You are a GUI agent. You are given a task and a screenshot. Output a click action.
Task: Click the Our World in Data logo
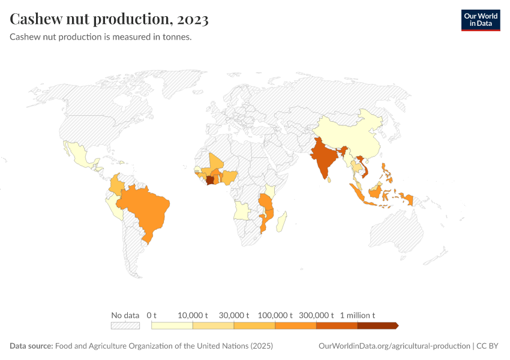point(480,20)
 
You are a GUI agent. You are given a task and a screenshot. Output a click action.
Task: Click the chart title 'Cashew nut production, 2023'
point(109,19)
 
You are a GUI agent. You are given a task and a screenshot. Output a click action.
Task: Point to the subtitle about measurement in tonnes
point(100,37)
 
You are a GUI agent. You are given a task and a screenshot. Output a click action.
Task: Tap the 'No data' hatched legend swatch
point(125,325)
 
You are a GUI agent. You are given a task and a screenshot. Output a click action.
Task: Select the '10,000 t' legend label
point(193,315)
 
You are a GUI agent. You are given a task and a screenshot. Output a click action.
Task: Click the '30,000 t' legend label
point(233,315)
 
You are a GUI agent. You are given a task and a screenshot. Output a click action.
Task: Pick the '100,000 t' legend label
point(275,315)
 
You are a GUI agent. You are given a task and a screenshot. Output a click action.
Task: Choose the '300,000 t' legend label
point(316,315)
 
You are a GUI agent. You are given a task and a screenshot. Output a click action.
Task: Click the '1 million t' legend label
point(358,315)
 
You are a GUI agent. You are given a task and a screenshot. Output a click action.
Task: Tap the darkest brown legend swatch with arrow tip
point(377,325)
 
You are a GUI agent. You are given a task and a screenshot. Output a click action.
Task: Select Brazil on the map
point(147,207)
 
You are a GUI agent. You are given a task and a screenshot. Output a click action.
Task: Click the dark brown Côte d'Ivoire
point(210,180)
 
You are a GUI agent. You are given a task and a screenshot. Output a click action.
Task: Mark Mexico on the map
point(81,156)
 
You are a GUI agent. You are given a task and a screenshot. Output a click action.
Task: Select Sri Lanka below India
point(331,178)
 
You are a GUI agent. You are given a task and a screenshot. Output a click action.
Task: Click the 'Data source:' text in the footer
point(31,346)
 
